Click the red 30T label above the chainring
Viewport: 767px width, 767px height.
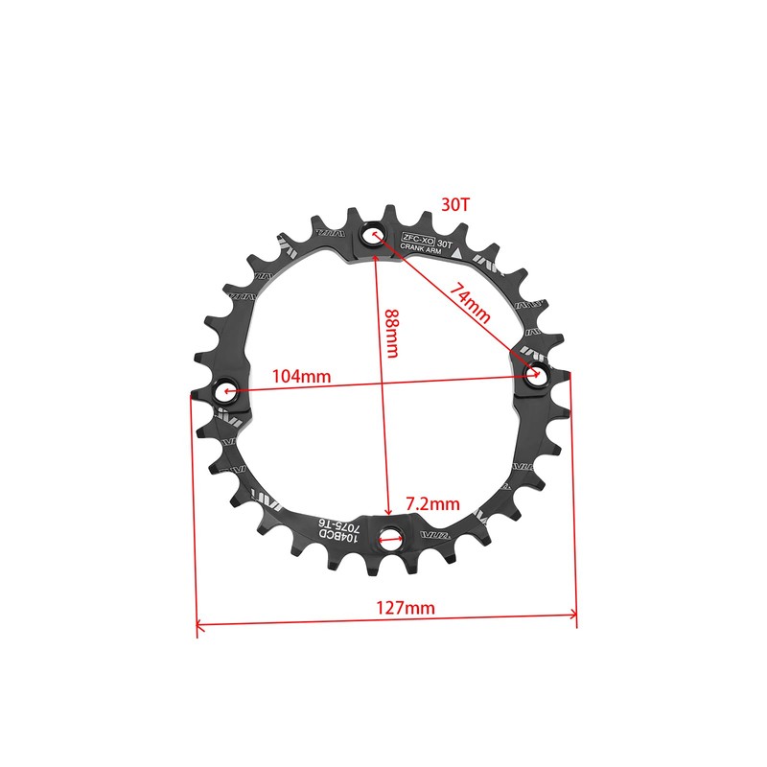(x=455, y=204)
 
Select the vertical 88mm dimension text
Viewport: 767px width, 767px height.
(x=391, y=334)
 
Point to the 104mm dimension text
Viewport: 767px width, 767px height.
(x=301, y=377)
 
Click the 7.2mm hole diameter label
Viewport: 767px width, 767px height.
(x=433, y=503)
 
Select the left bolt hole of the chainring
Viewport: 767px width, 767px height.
(x=227, y=391)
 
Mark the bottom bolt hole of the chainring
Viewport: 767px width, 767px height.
(x=389, y=539)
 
